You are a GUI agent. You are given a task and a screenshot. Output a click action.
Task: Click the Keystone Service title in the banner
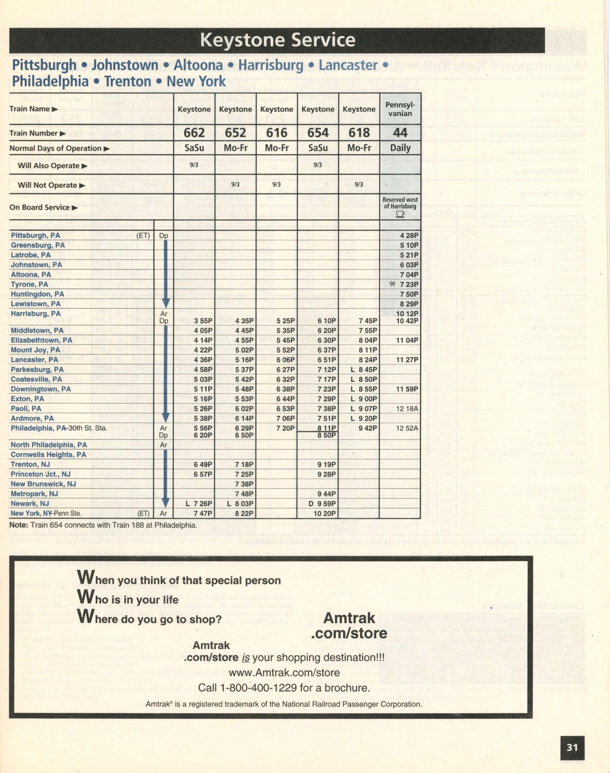click(277, 40)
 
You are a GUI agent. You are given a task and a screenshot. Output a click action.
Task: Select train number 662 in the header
click(194, 133)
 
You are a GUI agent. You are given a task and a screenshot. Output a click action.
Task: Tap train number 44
click(400, 133)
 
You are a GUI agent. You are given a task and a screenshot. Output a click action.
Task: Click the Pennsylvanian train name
click(400, 109)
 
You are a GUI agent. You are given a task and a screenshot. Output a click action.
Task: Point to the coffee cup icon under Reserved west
click(400, 214)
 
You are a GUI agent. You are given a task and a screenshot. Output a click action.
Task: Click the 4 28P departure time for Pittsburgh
click(409, 235)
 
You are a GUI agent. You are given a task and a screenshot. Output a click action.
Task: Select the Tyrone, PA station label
click(29, 284)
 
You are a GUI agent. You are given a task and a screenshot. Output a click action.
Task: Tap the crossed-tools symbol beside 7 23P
click(392, 284)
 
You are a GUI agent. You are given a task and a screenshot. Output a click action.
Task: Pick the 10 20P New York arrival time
click(325, 513)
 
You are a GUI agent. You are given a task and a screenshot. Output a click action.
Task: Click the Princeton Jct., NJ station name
click(40, 474)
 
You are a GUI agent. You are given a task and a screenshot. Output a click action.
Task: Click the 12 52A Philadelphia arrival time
click(407, 428)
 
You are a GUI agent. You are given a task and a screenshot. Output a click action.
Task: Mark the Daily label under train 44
click(400, 148)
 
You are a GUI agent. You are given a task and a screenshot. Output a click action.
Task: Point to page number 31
click(572, 747)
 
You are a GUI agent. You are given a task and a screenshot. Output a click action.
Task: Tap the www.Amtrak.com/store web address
click(284, 673)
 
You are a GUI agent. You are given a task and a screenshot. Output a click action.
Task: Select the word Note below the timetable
click(18, 525)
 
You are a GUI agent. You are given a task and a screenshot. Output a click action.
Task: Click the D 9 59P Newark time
click(322, 504)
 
